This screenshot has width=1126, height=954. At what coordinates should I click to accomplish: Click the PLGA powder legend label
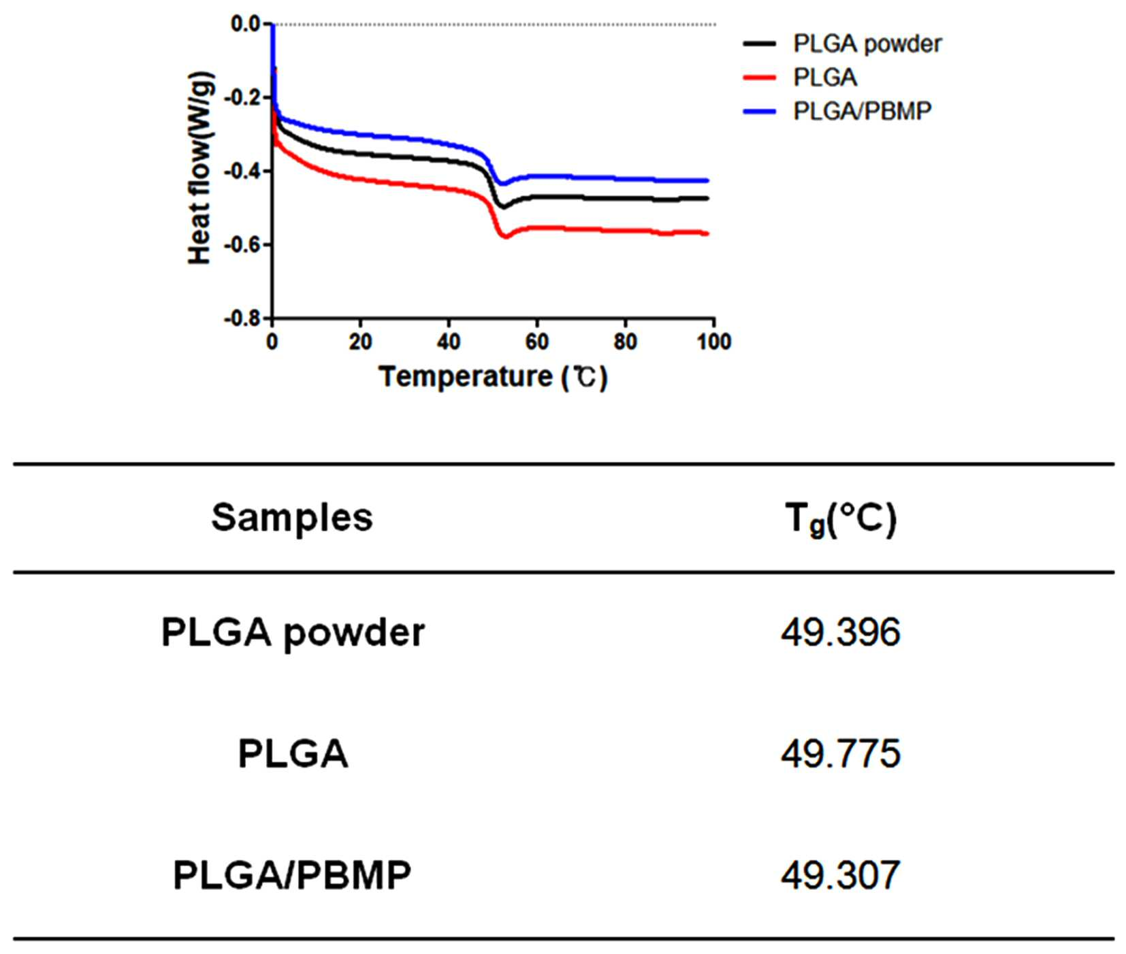(x=867, y=44)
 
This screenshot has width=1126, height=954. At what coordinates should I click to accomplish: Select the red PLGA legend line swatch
(x=759, y=78)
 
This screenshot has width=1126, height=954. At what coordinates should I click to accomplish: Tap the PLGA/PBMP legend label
(x=863, y=111)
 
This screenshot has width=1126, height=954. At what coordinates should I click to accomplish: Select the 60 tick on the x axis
(x=537, y=342)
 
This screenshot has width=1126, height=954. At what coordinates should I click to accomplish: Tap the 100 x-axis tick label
(x=713, y=342)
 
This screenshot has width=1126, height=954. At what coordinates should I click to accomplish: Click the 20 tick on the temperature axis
(x=360, y=342)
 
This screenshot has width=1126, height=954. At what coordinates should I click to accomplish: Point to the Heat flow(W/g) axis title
(x=201, y=167)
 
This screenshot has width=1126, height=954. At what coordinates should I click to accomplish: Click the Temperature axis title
(x=493, y=376)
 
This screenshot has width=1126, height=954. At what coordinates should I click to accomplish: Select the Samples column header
(x=292, y=518)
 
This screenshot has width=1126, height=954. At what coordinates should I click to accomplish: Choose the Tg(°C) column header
(x=841, y=521)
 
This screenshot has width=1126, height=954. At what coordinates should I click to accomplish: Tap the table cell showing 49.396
(x=841, y=633)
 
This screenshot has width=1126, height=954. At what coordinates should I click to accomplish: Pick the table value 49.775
(x=841, y=754)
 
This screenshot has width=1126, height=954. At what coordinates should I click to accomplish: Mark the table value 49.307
(x=841, y=875)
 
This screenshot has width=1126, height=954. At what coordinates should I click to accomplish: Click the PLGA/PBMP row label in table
(x=292, y=875)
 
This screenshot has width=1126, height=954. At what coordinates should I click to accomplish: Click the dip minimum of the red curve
(x=504, y=236)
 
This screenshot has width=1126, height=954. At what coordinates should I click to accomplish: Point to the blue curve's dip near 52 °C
(x=502, y=184)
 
